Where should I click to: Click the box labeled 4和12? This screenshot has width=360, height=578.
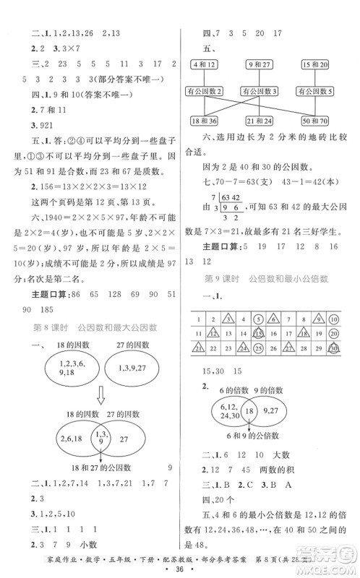click(x=205, y=64)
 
